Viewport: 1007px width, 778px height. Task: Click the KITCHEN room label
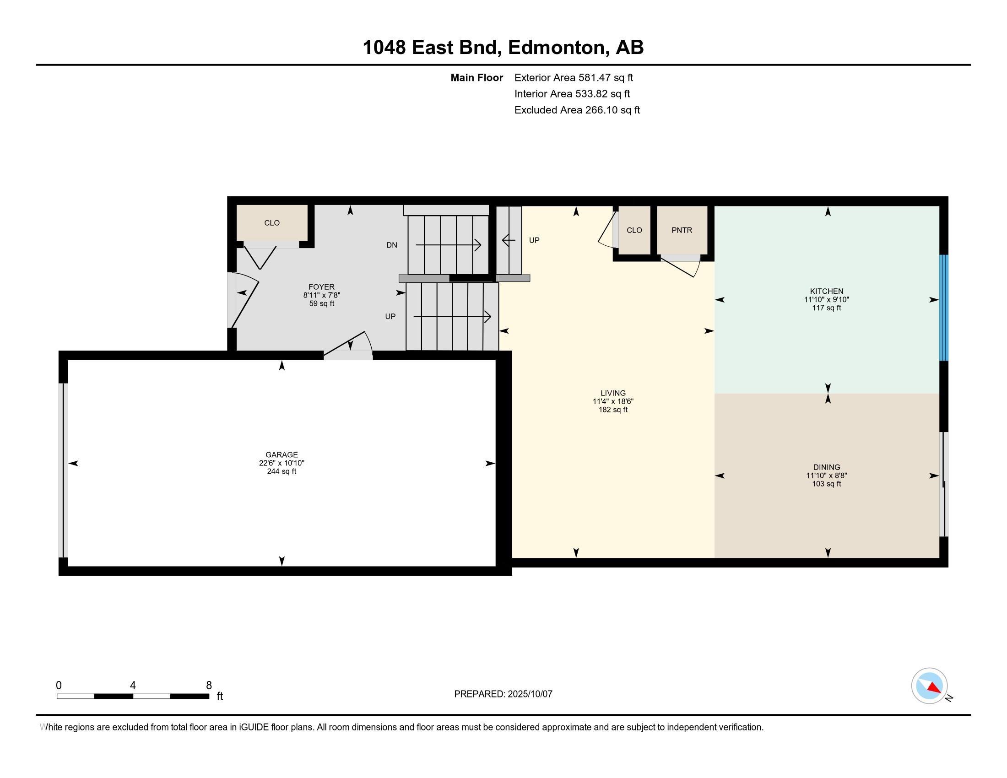click(x=826, y=291)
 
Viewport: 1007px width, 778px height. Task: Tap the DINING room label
click(x=826, y=467)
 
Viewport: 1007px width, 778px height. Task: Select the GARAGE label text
click(x=281, y=454)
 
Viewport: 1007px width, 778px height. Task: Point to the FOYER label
click(x=321, y=286)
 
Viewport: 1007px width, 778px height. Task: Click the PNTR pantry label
click(x=682, y=230)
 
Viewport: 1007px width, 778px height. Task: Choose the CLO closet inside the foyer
click(x=271, y=222)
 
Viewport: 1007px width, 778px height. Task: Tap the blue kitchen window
click(x=944, y=308)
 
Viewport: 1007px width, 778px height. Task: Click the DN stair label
click(x=391, y=245)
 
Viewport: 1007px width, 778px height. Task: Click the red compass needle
click(x=934, y=688)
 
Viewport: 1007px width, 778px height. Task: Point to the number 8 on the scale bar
click(x=209, y=685)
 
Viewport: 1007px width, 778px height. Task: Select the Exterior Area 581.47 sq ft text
click(x=574, y=77)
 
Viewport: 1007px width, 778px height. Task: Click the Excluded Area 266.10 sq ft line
click(x=577, y=110)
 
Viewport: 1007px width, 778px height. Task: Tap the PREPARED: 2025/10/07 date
click(x=503, y=694)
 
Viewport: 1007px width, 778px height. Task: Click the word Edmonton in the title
click(x=557, y=48)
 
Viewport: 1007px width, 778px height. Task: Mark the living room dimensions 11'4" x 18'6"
click(x=613, y=401)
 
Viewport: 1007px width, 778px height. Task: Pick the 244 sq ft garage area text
click(x=281, y=471)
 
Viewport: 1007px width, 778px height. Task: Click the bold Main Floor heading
click(x=476, y=77)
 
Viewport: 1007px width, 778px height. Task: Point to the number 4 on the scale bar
click(x=133, y=685)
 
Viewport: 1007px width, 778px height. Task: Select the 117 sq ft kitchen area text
click(x=826, y=308)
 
